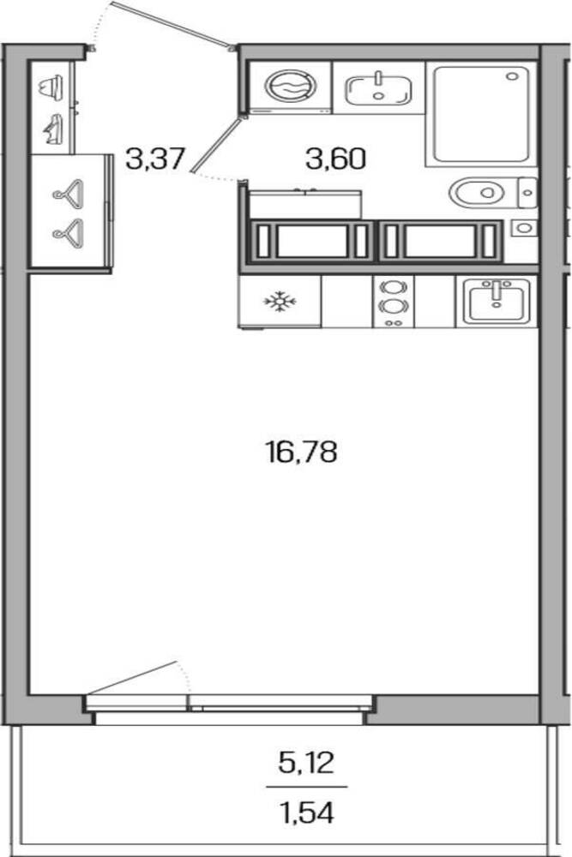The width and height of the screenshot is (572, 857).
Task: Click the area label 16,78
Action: tap(301, 452)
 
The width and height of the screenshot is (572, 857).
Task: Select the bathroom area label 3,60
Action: tap(335, 159)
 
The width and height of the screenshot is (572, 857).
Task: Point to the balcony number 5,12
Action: tap(305, 763)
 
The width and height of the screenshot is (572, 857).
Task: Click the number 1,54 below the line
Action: tap(305, 812)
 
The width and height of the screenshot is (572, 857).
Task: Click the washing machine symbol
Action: tap(291, 87)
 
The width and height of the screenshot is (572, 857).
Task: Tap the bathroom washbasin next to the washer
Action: tap(378, 89)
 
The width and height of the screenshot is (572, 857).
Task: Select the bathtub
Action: tap(482, 114)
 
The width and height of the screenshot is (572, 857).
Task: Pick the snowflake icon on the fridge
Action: tap(280, 301)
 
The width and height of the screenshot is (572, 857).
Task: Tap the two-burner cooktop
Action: tap(393, 302)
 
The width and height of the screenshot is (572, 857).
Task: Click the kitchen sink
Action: tap(497, 301)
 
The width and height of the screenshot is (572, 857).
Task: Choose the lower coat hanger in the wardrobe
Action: tap(69, 230)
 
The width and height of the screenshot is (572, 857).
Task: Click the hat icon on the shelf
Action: tap(51, 87)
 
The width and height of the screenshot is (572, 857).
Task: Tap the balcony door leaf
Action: tap(132, 678)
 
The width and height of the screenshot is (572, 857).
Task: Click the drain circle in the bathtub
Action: tap(512, 76)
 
